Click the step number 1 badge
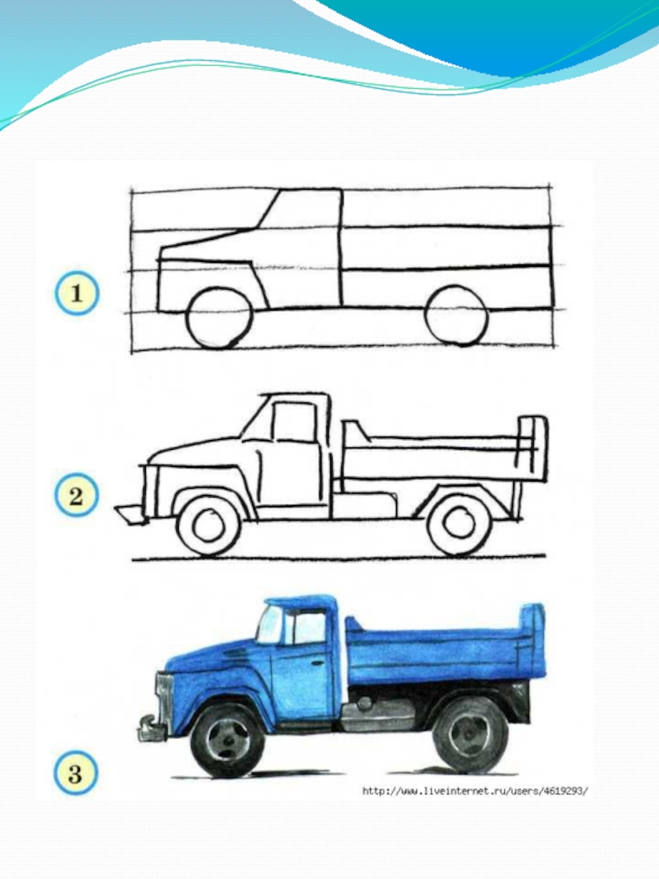click(x=77, y=293)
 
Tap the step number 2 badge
click(x=77, y=497)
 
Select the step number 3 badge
click(x=76, y=774)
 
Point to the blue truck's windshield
click(x=269, y=625)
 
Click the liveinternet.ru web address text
click(x=475, y=791)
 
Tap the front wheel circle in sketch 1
click(x=219, y=316)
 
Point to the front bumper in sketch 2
click(x=131, y=514)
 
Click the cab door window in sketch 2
click(x=293, y=422)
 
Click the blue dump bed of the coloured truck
click(x=443, y=647)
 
